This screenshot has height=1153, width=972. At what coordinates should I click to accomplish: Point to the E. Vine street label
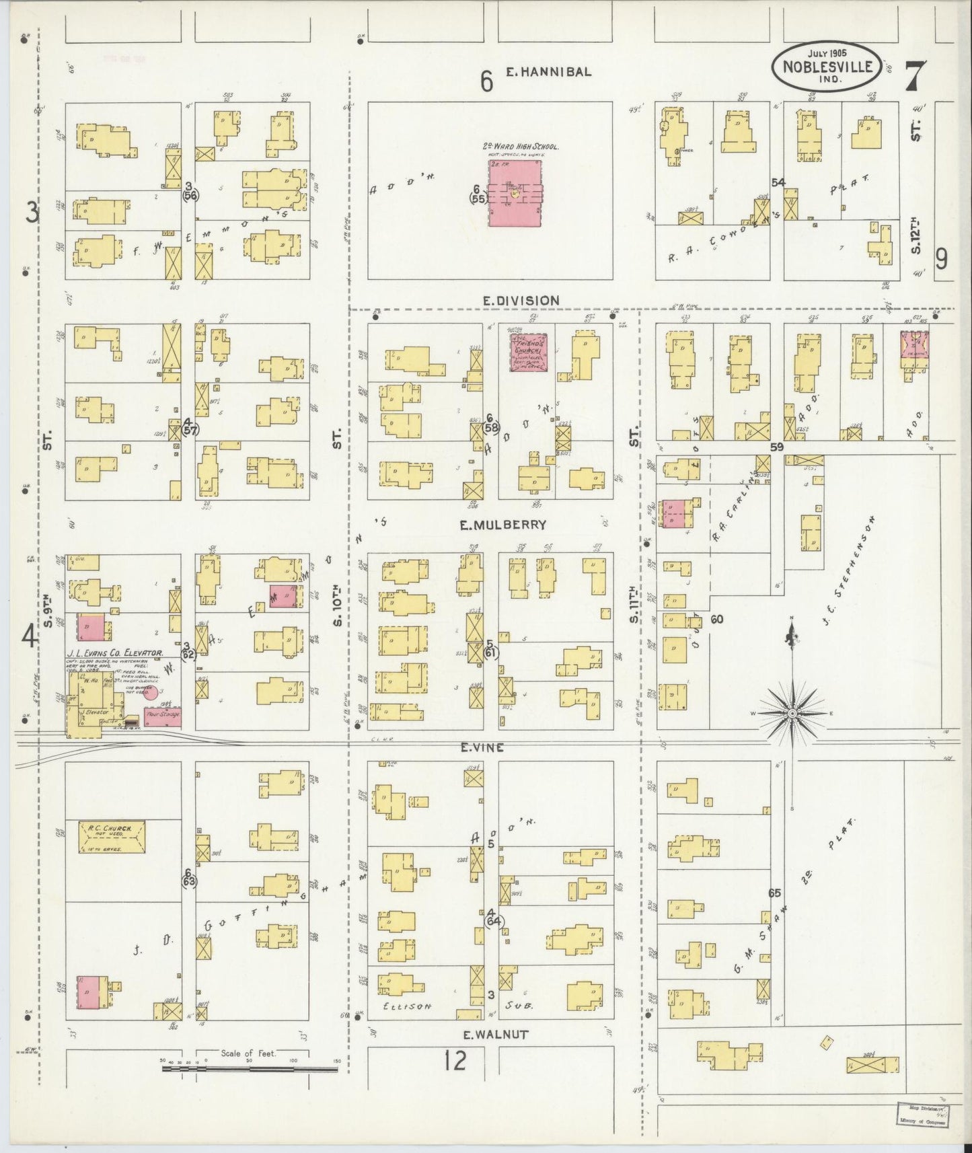point(482,747)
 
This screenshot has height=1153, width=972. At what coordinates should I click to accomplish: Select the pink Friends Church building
point(527,353)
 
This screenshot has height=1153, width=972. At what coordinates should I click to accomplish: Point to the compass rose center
point(793,713)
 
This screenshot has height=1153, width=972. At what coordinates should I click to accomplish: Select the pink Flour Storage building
point(162,716)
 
